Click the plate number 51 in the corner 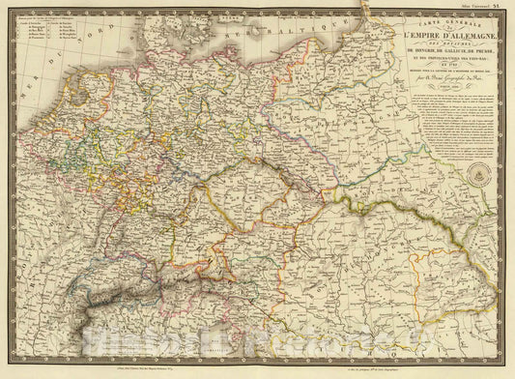[507, 5]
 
